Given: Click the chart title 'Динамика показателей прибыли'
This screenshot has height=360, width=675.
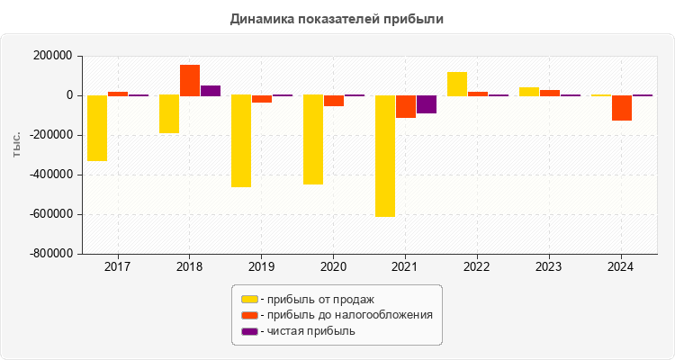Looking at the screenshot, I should click(x=337, y=18).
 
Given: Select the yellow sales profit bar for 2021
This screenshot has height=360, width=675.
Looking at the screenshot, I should click(x=385, y=156).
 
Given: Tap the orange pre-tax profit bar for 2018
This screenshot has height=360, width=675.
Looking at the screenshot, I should click(x=190, y=80).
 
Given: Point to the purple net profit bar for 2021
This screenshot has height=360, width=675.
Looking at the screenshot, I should click(x=426, y=104).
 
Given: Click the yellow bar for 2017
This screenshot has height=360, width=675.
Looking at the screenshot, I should click(x=97, y=128).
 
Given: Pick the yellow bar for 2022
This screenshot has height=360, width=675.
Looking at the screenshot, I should click(x=457, y=84).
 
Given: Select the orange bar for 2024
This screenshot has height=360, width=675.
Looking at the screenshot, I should click(x=622, y=108).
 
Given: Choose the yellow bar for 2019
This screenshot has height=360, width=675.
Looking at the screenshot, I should click(x=241, y=140).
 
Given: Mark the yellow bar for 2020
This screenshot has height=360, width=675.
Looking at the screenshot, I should click(x=313, y=139).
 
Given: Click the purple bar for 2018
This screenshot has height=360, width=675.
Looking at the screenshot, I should click(x=210, y=90).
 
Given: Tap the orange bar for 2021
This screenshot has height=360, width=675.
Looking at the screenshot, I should click(x=406, y=106).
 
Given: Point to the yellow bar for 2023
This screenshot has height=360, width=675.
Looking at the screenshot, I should click(x=529, y=91).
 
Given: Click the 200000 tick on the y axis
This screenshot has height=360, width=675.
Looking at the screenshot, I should click(x=52, y=56).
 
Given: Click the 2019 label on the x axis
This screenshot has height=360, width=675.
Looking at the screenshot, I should click(x=261, y=267).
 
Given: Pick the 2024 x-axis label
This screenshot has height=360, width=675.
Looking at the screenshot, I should click(x=621, y=267).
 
